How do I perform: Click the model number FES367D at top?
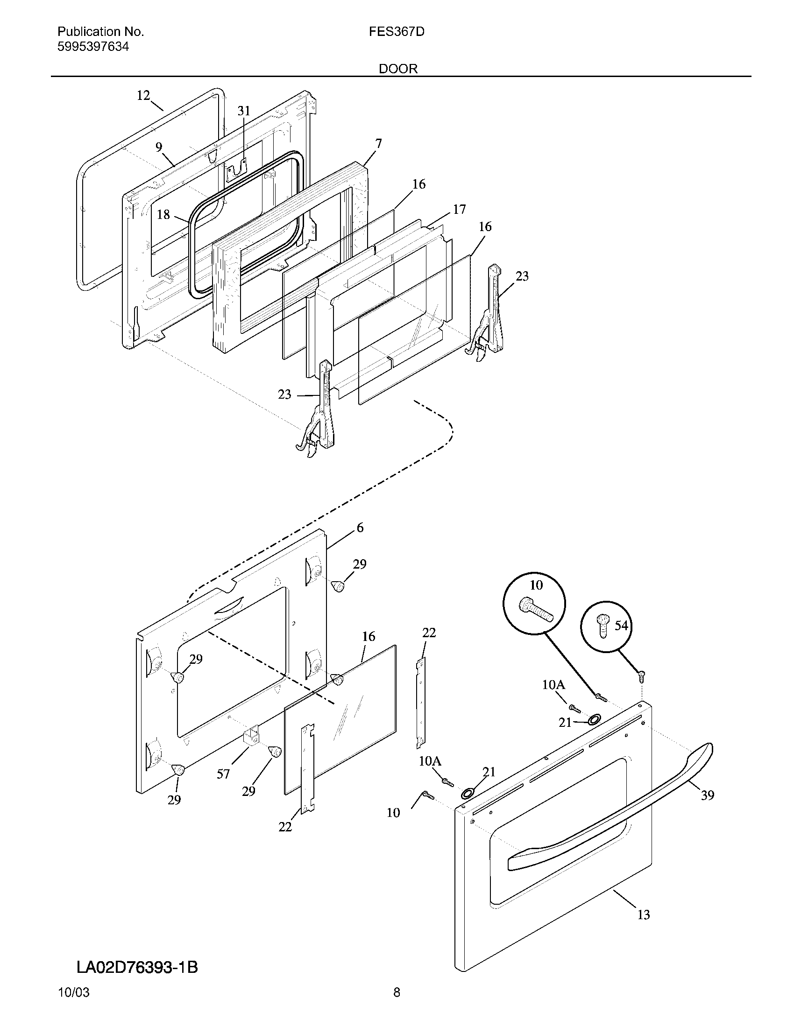[397, 32]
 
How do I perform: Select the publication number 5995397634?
[93, 47]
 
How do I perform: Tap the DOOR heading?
[398, 69]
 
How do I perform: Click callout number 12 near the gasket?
[143, 96]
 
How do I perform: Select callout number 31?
[243, 111]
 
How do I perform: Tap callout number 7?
[378, 144]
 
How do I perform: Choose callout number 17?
[459, 210]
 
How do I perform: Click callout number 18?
[163, 215]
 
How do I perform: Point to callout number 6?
[360, 528]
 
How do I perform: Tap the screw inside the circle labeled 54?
[603, 626]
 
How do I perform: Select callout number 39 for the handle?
[708, 795]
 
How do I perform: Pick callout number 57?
[223, 774]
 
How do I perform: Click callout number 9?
[159, 147]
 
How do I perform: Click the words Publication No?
[101, 32]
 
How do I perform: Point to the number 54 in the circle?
[621, 626]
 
